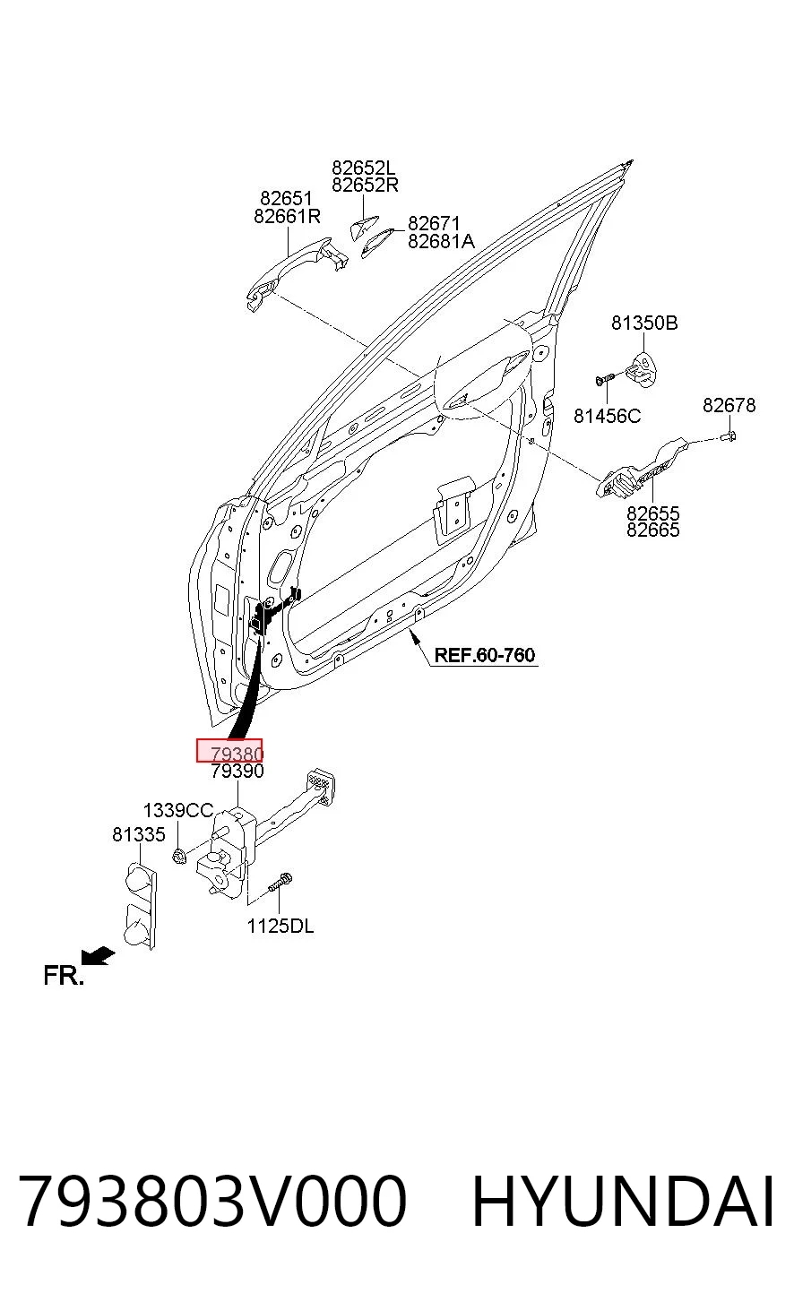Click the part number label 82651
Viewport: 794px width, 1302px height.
(x=286, y=198)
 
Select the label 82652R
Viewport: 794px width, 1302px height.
(x=365, y=185)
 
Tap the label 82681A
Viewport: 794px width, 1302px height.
(x=441, y=241)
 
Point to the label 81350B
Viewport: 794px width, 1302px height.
(x=644, y=323)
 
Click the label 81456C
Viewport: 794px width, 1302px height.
(x=607, y=416)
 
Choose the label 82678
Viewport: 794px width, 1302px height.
(x=729, y=405)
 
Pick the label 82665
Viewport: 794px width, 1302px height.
(x=652, y=530)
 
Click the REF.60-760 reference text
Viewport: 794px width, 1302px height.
(x=485, y=655)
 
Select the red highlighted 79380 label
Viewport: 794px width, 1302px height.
(x=229, y=750)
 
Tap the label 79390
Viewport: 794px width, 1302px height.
(x=237, y=771)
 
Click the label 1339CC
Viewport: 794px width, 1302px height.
(x=177, y=810)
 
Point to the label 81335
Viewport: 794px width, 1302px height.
(x=139, y=834)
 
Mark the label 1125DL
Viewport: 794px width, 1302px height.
(x=280, y=926)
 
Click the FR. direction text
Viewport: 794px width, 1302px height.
(x=64, y=975)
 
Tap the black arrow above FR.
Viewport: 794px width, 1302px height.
(x=98, y=955)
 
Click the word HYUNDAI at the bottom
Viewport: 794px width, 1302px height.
(x=623, y=1202)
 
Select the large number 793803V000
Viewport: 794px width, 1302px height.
(x=212, y=1202)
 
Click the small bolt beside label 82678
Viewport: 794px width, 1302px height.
(x=729, y=435)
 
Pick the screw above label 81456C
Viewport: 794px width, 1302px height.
(x=605, y=380)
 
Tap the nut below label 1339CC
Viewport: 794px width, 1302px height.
(x=179, y=855)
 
